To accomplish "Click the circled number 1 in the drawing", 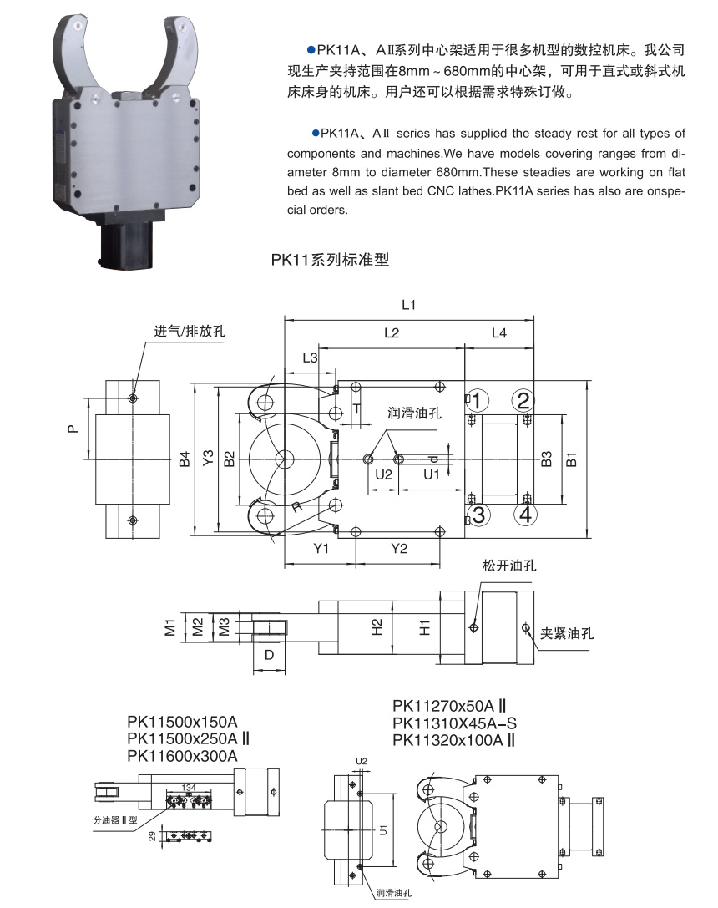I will [x=476, y=400].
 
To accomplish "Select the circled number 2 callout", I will [x=523, y=400].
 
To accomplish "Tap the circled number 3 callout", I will [x=477, y=515].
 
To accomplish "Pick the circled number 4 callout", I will [x=524, y=515].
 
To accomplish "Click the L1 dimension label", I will [x=408, y=306].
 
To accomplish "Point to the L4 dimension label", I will [x=498, y=333].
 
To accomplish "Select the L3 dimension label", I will [x=309, y=358].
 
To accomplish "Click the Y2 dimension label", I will [x=399, y=548].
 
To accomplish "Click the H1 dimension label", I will [x=425, y=626].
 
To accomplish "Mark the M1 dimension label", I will [x=169, y=626].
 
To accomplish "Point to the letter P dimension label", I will [x=73, y=429].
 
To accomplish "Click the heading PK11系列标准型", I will [x=331, y=260].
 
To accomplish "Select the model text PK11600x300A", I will [x=183, y=756].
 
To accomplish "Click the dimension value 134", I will [x=188, y=788].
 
